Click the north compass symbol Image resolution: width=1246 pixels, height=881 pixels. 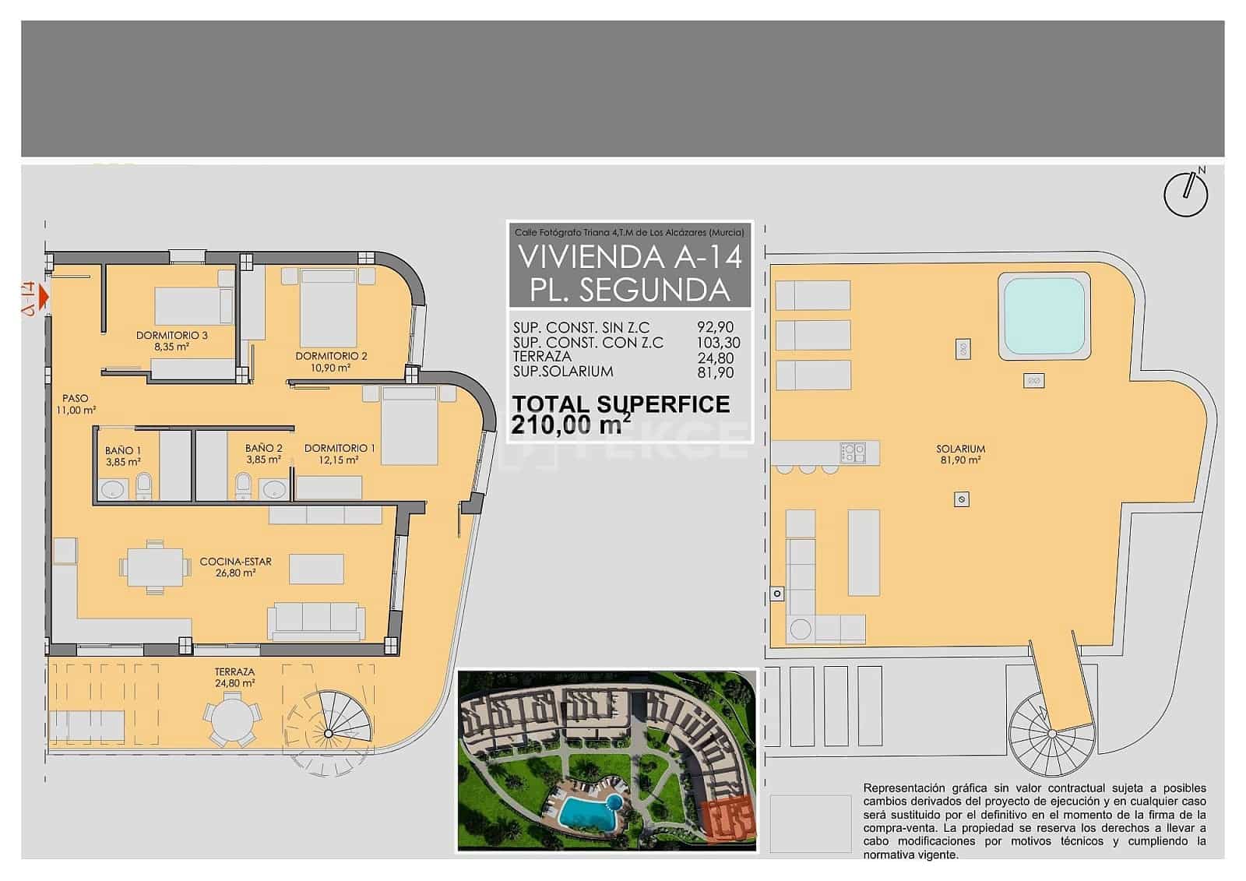(x=1185, y=193)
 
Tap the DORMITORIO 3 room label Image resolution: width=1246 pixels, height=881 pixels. (x=171, y=336)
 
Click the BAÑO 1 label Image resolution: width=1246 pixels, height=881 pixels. (x=123, y=450)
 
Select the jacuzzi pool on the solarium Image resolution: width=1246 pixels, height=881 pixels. (x=1044, y=316)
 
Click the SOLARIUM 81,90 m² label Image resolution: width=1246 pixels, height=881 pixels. (x=961, y=454)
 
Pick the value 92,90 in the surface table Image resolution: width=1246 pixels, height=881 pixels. (x=714, y=328)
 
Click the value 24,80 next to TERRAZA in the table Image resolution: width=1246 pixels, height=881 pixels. (x=714, y=358)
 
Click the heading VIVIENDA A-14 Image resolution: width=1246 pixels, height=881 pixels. (x=629, y=256)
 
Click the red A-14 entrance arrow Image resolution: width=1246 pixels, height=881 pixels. (x=42, y=297)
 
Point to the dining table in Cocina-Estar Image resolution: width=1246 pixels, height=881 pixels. (x=154, y=567)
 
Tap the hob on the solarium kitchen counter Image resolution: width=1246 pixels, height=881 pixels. (x=853, y=452)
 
